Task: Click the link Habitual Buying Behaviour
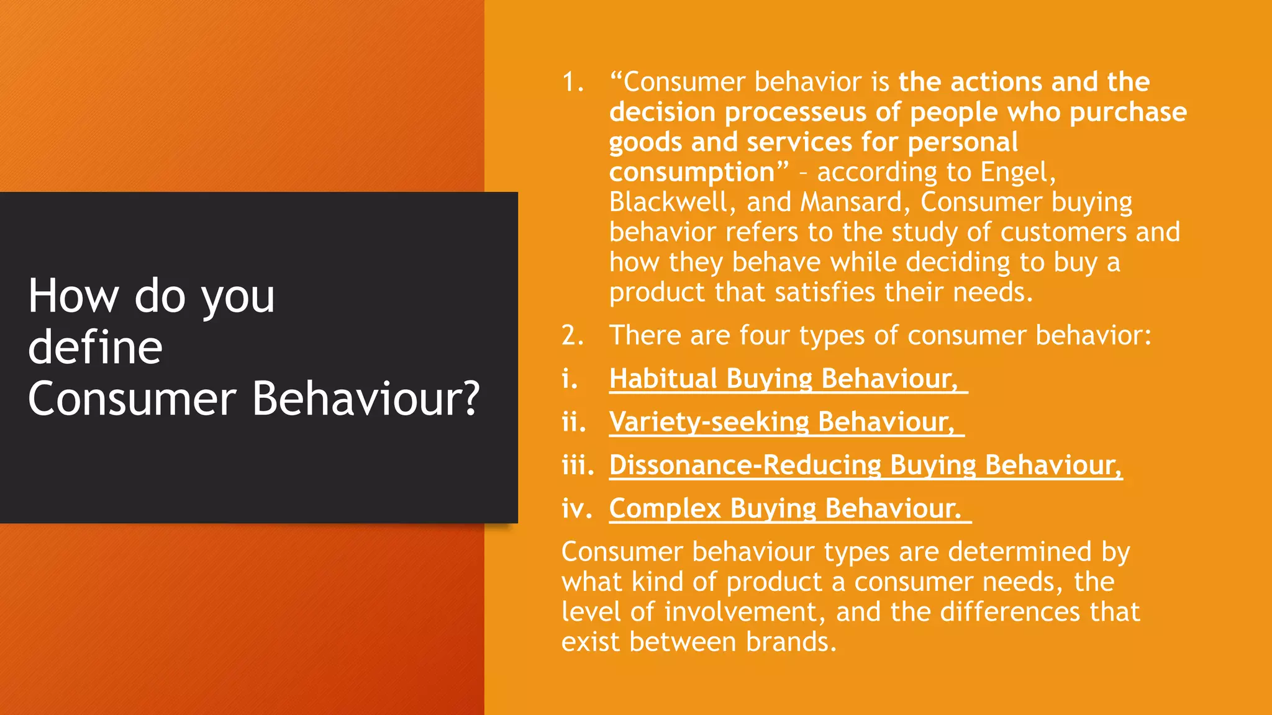coord(783,379)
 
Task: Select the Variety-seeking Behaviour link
coord(781,422)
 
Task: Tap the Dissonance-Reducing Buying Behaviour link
coord(865,465)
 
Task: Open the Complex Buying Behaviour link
coord(785,508)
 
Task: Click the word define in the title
coord(95,347)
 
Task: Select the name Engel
coord(1017,172)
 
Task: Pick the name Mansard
coord(855,202)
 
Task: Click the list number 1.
coord(572,83)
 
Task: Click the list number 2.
coord(572,336)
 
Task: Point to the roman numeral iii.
coord(577,465)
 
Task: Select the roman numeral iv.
coord(576,508)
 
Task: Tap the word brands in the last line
coord(791,642)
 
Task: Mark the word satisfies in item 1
coord(825,292)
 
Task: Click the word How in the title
coord(73,296)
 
